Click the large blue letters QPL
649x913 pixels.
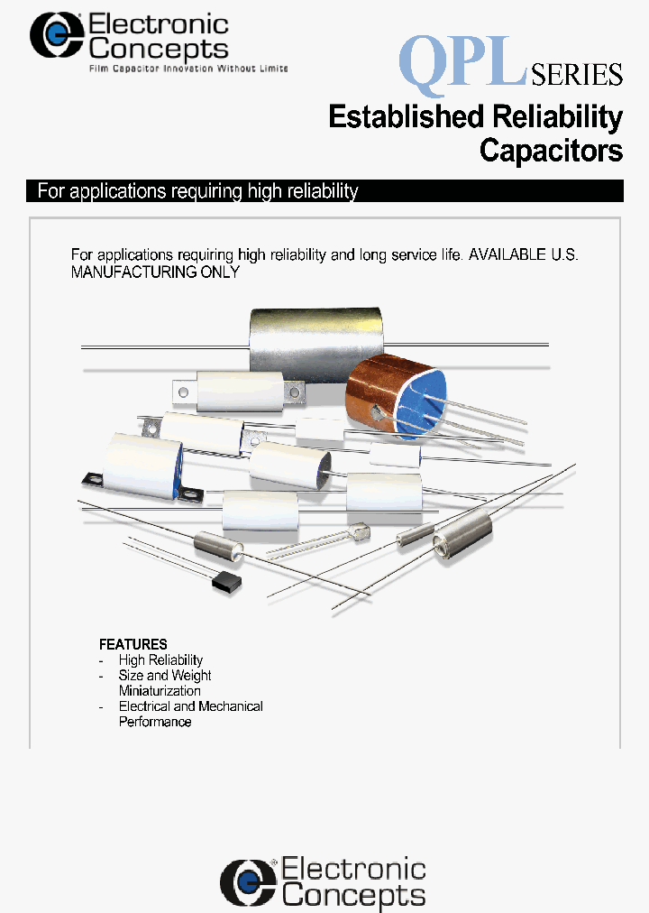coord(462,60)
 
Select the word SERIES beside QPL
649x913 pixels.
coord(577,74)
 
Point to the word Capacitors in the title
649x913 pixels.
coord(551,150)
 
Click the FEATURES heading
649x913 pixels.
coord(133,644)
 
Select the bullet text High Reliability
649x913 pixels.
coord(160,660)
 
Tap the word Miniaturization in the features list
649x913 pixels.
coord(160,691)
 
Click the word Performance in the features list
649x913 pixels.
coord(155,722)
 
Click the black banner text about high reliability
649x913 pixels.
coord(197,191)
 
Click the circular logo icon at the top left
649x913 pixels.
coord(57,35)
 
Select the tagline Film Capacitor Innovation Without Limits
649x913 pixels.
coord(187,69)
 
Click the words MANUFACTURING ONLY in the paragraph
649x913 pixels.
coord(155,272)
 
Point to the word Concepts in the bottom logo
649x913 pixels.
coord(353,895)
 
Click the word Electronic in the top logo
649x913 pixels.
coord(160,24)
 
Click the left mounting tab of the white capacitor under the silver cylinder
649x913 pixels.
coord(186,392)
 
